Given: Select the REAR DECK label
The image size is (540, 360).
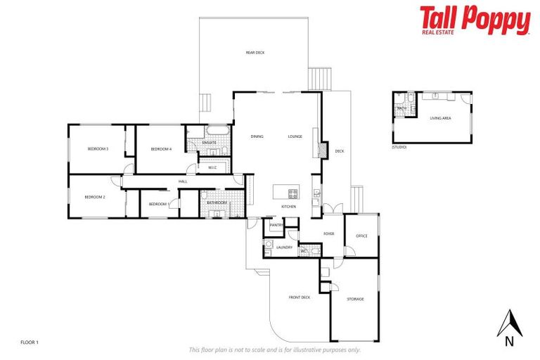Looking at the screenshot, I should pyautogui.click(x=255, y=53).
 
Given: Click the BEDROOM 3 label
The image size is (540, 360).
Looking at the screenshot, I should pyautogui.click(x=97, y=149).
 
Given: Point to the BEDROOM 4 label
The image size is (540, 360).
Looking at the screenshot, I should pyautogui.click(x=161, y=149).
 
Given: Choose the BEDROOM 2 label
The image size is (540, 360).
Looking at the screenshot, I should pyautogui.click(x=94, y=197).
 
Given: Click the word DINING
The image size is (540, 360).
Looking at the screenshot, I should pyautogui.click(x=257, y=136).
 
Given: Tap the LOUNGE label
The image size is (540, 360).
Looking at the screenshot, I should pyautogui.click(x=295, y=136).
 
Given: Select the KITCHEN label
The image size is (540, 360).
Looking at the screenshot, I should pyautogui.click(x=288, y=207).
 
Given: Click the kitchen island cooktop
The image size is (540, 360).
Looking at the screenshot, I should pyautogui.click(x=292, y=193).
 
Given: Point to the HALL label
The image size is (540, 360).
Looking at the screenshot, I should pyautogui.click(x=183, y=182).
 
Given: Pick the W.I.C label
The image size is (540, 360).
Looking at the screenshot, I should pyautogui.click(x=212, y=167).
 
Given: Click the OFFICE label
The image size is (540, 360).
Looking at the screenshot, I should pyautogui.click(x=361, y=236).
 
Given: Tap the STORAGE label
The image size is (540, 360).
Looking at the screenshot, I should pyautogui.click(x=356, y=300).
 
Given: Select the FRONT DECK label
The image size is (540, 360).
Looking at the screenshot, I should pyautogui.click(x=299, y=297).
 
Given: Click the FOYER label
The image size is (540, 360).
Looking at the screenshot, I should pyautogui.click(x=328, y=233).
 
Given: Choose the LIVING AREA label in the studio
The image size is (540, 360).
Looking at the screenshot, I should pyautogui.click(x=440, y=118).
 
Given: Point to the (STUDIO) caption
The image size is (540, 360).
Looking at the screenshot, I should pyautogui.click(x=399, y=148).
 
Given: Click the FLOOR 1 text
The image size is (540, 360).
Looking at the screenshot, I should pyautogui.click(x=30, y=342).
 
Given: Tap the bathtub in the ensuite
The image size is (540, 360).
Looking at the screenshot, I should pyautogui.click(x=215, y=131).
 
